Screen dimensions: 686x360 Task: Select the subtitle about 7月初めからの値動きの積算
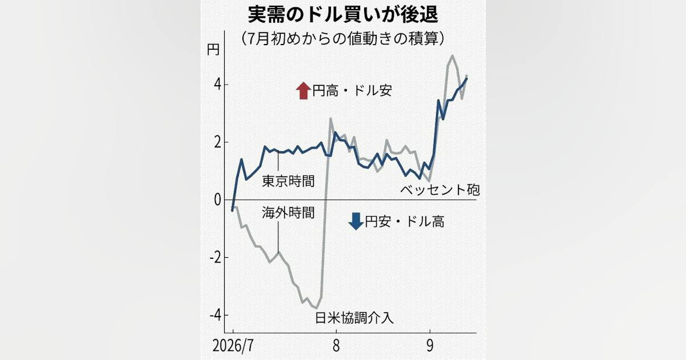tap(342, 39)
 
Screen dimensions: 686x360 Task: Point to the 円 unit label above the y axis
tap(213, 50)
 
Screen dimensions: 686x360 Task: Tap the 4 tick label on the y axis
tap(218, 85)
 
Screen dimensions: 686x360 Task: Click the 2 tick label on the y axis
tap(218, 143)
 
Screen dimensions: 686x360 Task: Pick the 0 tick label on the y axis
tap(218, 200)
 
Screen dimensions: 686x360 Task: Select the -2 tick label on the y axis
tap(216, 258)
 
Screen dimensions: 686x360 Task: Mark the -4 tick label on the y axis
tap(216, 315)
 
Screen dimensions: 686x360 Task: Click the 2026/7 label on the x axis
tap(233, 346)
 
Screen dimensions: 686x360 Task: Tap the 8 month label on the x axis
tap(336, 346)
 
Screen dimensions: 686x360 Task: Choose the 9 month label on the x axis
tap(430, 346)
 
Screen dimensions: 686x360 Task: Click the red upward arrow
tap(303, 91)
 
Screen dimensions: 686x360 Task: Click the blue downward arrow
tap(356, 221)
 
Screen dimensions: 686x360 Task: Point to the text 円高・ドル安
tap(352, 91)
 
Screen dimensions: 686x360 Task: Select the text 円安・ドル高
tap(405, 221)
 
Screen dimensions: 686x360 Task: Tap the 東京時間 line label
tap(288, 181)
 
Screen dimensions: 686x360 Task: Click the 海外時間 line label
tap(288, 213)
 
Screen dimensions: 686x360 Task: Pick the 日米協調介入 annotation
tap(354, 318)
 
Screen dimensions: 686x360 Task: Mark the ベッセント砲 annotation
tap(440, 190)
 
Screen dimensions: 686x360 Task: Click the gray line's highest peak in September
tap(452, 56)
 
